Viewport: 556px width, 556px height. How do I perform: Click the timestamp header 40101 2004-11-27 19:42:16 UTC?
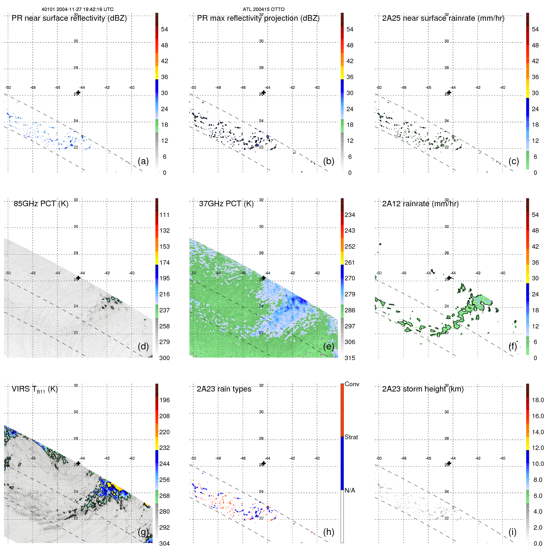click(78, 9)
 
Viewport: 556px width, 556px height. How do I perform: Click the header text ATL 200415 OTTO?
click(263, 9)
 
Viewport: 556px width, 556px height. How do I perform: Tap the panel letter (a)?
click(143, 161)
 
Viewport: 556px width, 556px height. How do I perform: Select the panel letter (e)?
click(328, 346)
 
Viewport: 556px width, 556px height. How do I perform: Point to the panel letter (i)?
click(512, 532)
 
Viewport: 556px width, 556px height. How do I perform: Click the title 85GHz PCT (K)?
click(41, 204)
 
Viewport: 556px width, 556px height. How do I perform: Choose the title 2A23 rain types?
click(224, 389)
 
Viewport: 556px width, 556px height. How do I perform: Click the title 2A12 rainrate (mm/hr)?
click(420, 204)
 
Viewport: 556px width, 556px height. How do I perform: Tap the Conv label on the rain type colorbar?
click(352, 384)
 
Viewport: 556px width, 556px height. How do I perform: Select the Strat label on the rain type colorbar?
click(351, 437)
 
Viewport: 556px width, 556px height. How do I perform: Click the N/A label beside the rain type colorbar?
click(350, 490)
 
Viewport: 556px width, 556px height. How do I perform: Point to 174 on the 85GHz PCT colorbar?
click(165, 262)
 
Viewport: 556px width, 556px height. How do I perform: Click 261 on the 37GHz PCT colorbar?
click(350, 262)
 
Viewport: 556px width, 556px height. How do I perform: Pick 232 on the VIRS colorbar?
click(165, 448)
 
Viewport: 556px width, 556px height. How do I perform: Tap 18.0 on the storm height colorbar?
click(538, 400)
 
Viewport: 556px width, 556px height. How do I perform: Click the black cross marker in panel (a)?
click(78, 92)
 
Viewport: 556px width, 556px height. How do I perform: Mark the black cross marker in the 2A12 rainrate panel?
click(449, 278)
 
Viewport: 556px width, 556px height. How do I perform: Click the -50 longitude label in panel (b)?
click(193, 88)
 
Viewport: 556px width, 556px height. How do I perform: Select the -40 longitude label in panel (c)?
click(502, 88)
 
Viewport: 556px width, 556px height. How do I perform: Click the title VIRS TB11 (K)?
click(35, 389)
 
